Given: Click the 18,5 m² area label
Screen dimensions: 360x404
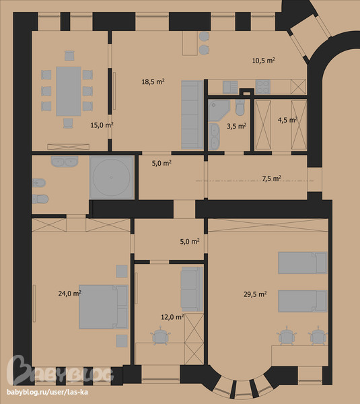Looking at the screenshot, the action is pos(153,81).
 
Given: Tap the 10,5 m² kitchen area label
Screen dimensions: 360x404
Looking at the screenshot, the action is pos(263,61).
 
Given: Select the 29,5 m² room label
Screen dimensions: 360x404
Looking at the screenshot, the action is pos(255,294).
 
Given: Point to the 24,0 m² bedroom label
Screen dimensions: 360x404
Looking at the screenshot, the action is pos(70,294).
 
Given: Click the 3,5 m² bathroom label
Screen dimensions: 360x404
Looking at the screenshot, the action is pos(236,126).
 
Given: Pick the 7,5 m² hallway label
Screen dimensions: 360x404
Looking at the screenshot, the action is pos(272,178).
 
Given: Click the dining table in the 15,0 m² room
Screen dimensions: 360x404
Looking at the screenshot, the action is pos(69,91).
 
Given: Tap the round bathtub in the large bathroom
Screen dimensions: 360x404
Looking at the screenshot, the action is pos(112,177).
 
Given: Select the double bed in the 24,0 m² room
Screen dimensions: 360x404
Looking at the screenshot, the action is pos(104,307).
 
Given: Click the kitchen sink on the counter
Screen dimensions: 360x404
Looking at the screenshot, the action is pos(230,87).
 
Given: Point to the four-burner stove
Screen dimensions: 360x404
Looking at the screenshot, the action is pos(263,87).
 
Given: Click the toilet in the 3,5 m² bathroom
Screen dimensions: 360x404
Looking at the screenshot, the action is pos(240,108).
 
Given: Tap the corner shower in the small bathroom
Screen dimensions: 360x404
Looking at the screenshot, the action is pos(219,110).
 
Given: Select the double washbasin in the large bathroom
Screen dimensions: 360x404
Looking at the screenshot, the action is pos(65,162).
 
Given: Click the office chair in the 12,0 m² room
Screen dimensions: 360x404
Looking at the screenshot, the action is pos(160,335).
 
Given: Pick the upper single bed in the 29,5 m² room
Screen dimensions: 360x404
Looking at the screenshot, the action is pos(303,263).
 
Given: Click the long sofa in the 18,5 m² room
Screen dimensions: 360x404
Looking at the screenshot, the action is pos(192,114).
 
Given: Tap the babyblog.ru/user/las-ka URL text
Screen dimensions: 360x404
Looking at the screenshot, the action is pos(47,392).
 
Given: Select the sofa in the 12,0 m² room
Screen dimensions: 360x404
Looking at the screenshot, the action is pos(192,289).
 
